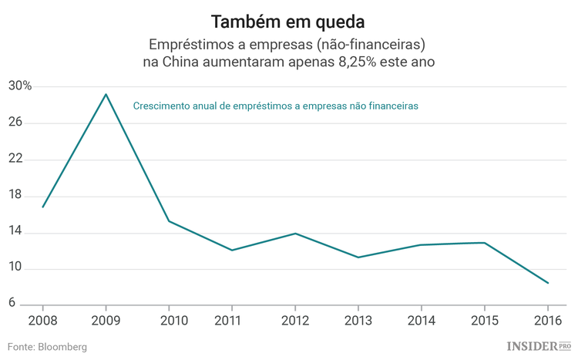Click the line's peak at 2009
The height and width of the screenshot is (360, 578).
106,94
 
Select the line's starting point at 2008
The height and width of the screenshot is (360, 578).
42,207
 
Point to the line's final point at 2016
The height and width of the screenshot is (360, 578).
548,283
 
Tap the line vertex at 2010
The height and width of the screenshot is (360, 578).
169,221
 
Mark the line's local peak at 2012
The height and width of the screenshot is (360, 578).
295,234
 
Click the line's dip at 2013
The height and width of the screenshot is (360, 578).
358,257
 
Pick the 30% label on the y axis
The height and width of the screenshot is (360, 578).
21,86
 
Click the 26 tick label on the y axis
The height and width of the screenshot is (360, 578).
15,123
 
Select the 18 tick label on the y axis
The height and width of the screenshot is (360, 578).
15,196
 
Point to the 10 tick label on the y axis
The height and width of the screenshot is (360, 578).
15,269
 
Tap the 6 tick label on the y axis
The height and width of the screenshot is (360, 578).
12,304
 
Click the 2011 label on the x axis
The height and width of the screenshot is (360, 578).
232,320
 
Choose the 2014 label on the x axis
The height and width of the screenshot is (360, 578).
422,320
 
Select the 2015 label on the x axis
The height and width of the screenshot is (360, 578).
485,320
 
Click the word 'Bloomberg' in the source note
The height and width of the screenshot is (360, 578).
63,347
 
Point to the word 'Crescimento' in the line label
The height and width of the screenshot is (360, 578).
164,107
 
